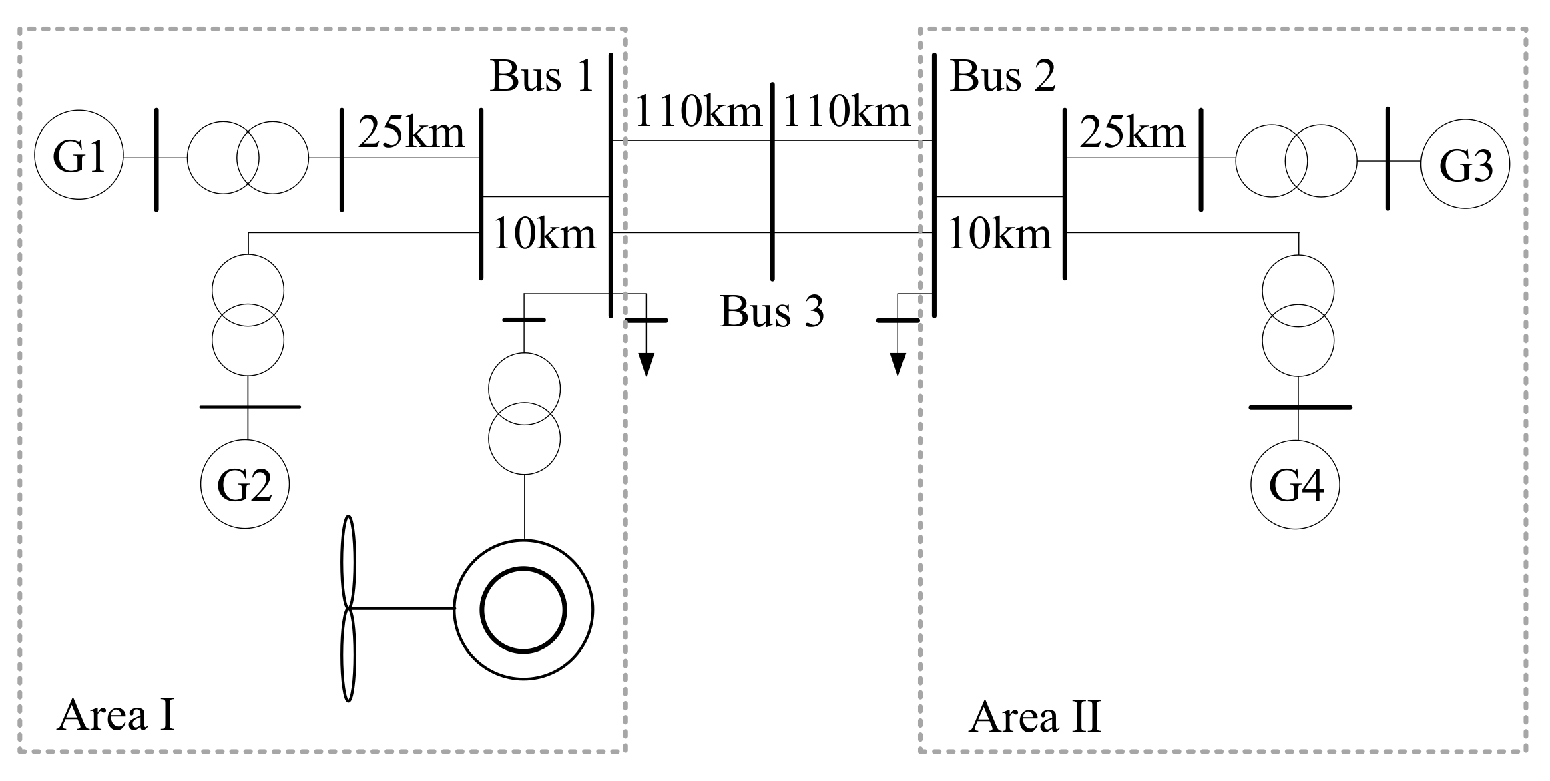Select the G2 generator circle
[245, 485]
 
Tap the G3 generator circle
[1465, 164]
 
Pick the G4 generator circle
[1295, 485]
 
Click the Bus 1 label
[541, 76]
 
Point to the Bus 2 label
[1003, 76]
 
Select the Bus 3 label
[772, 311]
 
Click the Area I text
[116, 716]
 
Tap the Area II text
[1035, 717]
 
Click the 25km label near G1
[411, 132]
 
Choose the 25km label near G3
[1132, 132]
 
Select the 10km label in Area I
[544, 235]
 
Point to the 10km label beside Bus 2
[999, 235]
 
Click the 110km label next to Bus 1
[698, 111]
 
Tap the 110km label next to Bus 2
[846, 111]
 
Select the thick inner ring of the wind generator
[524, 609]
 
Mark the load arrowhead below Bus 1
[645, 364]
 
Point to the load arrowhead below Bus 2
[898, 364]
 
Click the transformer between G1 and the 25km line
[248, 158]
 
